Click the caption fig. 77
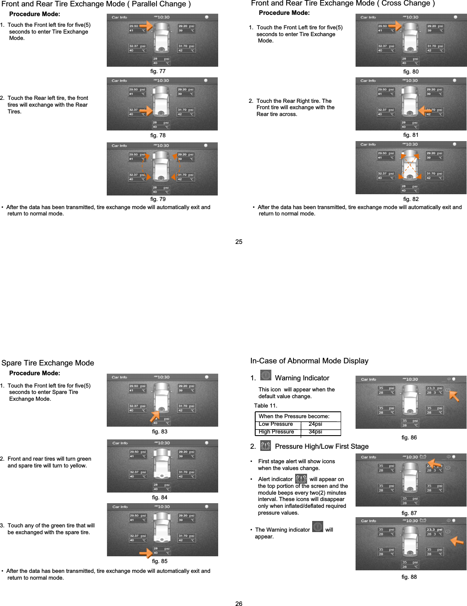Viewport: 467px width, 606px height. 158,71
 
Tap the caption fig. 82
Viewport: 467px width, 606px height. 411,199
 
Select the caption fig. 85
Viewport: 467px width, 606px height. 159,561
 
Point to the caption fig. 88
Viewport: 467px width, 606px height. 409,577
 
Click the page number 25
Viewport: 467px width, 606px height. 239,242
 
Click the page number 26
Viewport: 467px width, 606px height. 239,603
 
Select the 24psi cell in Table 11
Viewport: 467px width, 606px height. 315,424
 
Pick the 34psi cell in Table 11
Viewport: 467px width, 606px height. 315,432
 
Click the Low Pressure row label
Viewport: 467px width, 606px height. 276,424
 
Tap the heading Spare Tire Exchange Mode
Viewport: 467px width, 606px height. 48,363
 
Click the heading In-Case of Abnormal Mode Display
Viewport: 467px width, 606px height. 309,361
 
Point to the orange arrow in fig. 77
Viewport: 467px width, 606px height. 146,26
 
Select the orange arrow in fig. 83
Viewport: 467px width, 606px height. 154,416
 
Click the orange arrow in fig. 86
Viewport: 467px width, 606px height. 454,396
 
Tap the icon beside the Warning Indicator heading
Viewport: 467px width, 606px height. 266,375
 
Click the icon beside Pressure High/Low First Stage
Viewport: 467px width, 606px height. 265,446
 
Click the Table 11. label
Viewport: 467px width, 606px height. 265,406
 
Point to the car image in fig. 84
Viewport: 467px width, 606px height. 162,464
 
